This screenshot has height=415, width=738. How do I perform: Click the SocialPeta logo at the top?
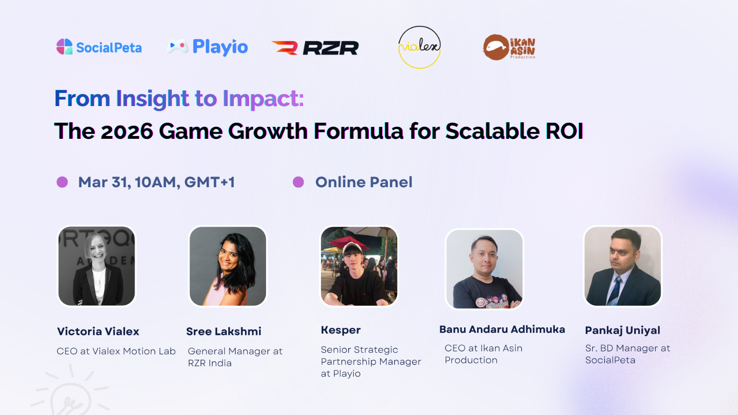tap(99, 47)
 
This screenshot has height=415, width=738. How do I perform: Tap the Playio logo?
tap(208, 47)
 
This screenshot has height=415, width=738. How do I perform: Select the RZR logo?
tap(315, 47)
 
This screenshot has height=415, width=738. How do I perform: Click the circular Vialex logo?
tap(419, 47)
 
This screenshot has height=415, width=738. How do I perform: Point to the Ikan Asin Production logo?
tap(509, 47)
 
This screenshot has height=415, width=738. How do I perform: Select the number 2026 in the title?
tap(127, 131)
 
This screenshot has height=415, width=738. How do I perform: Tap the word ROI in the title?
tap(565, 131)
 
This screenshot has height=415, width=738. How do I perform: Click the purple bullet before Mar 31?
tap(62, 182)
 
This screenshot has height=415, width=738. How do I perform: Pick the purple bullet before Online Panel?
tap(298, 182)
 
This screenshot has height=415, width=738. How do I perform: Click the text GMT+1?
tap(209, 182)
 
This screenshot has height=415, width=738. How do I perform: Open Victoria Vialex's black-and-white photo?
tap(96, 266)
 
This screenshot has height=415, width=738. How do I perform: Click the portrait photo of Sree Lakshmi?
tap(228, 266)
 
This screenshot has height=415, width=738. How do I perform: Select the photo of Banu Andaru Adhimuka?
tap(484, 269)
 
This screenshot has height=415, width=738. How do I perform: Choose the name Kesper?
tap(341, 330)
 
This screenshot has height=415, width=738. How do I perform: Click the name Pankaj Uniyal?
tap(622, 330)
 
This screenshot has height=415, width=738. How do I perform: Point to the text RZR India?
tap(210, 363)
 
